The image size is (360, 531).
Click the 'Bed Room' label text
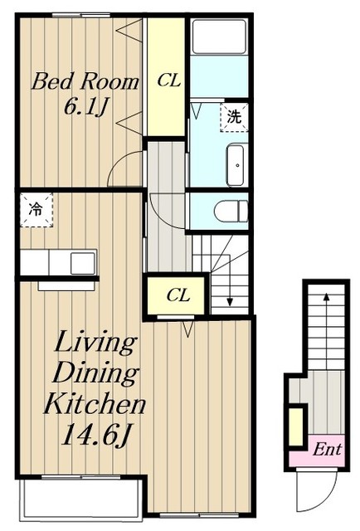click(85, 81)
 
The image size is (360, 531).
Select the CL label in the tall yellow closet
click(168, 81)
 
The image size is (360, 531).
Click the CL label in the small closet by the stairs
click(178, 295)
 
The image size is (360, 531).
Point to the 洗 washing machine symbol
click(234, 117)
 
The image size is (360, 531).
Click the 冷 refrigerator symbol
click(36, 210)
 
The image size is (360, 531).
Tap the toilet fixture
click(231, 211)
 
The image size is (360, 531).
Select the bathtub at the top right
click(219, 37)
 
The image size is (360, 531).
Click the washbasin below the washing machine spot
click(237, 165)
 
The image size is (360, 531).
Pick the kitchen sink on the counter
click(83, 263)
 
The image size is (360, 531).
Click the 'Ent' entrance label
click(327, 450)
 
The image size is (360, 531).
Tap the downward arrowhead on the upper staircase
click(230, 301)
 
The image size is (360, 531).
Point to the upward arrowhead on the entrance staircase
click(326, 297)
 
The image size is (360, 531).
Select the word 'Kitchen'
click(95, 404)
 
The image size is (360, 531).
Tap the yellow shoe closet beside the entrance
click(297, 427)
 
